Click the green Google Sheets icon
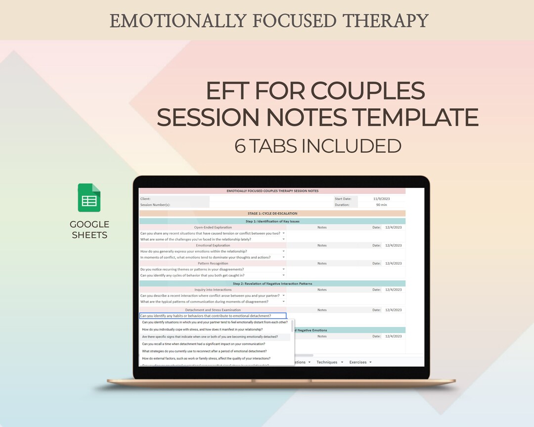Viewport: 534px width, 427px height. click(x=89, y=198)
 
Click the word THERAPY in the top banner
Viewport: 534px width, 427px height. click(x=386, y=21)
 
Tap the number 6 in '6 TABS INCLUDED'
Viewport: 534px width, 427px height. click(x=240, y=146)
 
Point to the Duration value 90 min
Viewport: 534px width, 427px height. click(x=381, y=205)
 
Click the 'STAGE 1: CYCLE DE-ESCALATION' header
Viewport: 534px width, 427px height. click(x=272, y=213)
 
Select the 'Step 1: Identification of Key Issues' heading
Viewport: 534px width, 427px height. click(x=272, y=221)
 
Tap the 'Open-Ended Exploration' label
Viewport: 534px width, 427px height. click(x=213, y=227)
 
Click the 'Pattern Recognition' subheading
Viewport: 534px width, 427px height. click(x=213, y=263)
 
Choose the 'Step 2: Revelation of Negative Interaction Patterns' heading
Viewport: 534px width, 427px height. click(x=272, y=284)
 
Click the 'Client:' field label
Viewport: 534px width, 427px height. click(x=145, y=199)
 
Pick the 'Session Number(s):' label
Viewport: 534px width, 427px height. click(x=155, y=205)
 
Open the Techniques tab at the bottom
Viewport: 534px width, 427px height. click(x=327, y=362)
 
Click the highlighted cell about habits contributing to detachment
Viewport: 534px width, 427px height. click(x=213, y=316)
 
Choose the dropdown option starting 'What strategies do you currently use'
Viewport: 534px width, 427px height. click(x=204, y=351)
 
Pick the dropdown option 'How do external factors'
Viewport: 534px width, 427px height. click(x=206, y=358)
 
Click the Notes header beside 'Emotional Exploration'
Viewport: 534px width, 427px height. click(x=322, y=245)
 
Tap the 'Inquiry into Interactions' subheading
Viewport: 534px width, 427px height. click(x=213, y=290)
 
